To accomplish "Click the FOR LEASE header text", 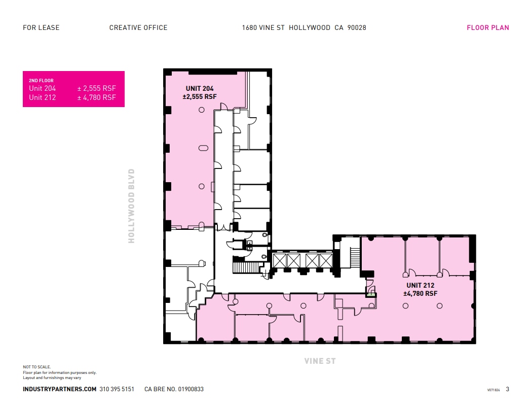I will (41, 28).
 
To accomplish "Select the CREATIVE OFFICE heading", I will (138, 28).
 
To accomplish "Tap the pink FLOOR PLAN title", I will (487, 28).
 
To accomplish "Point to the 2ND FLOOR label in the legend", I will (41, 81).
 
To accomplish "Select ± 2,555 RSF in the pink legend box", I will (96, 88).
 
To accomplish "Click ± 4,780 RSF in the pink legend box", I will (96, 97).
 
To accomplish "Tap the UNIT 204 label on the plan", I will (200, 89).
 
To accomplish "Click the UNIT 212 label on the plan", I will (420, 286).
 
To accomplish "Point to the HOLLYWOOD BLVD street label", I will (132, 206).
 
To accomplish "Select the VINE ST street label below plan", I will (320, 361).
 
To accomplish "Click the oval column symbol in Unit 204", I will (203, 148).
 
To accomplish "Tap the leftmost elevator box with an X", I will (280, 260).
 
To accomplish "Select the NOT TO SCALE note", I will (37, 367).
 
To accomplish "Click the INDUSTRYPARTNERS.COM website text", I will (59, 389).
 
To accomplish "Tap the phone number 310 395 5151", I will (117, 389).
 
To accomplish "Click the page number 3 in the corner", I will (507, 390).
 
